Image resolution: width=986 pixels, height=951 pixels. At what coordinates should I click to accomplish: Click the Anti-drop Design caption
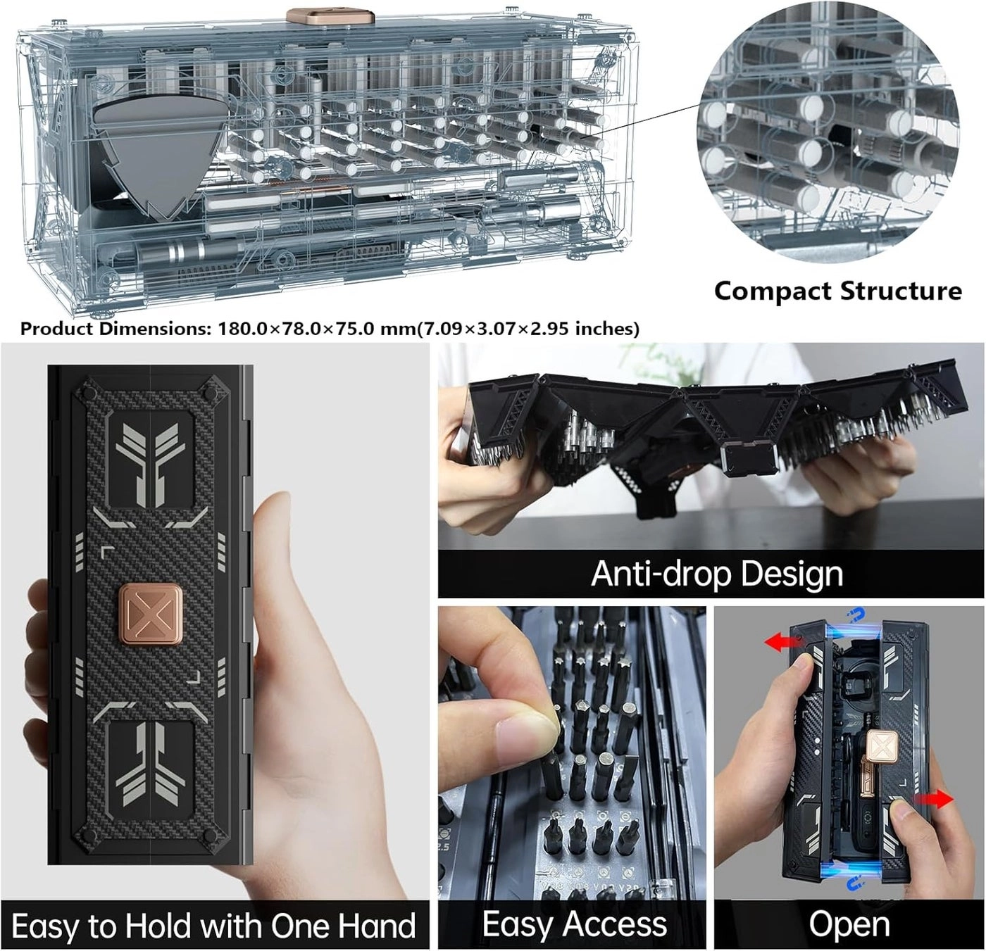point(716,574)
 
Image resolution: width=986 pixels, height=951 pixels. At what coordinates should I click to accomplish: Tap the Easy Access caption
point(574,924)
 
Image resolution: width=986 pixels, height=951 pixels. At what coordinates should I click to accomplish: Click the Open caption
point(849,924)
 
